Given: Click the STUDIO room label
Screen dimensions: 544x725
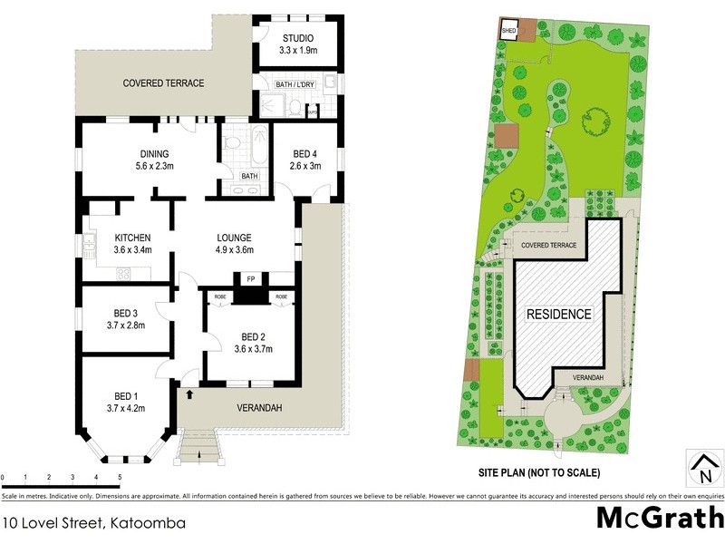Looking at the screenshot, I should pyautogui.click(x=297, y=38).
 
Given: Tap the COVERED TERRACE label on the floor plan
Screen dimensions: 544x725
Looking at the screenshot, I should pyautogui.click(x=164, y=83).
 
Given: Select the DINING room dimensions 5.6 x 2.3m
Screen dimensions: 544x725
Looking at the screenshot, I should pyautogui.click(x=154, y=166).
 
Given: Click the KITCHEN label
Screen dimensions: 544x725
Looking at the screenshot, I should pyautogui.click(x=131, y=238).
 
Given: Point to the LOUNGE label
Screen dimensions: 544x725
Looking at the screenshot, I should pyautogui.click(x=233, y=238).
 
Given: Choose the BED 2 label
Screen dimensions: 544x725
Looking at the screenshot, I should pyautogui.click(x=253, y=335).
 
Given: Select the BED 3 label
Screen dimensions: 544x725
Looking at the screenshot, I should pyautogui.click(x=125, y=313).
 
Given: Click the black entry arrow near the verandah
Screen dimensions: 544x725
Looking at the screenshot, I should pyautogui.click(x=189, y=393).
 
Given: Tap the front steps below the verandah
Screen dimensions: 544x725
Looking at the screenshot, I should pyautogui.click(x=198, y=447).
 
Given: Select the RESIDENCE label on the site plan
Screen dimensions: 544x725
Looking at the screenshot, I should pyautogui.click(x=559, y=315).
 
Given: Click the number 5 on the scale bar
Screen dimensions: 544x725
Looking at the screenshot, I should pyautogui.click(x=120, y=477).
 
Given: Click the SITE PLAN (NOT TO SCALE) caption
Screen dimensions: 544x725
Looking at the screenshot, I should pyautogui.click(x=538, y=472).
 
